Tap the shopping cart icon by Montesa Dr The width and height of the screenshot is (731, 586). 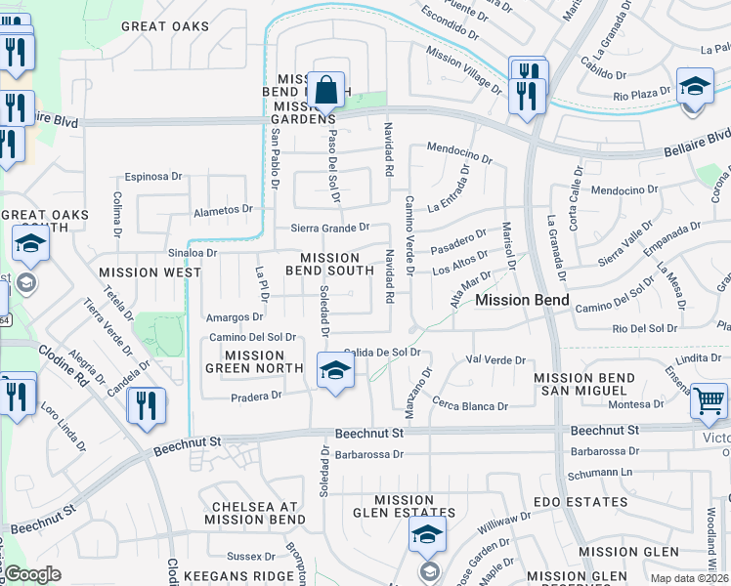pos(709,400)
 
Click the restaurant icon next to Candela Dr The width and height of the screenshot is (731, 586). pos(147,407)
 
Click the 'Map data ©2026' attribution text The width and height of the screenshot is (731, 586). pos(690,578)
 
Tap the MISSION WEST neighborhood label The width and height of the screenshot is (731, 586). pos(150,272)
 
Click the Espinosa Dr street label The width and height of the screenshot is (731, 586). pos(153,178)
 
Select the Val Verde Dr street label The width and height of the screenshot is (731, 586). pos(497,360)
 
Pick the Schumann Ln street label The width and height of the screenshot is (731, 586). pos(601,471)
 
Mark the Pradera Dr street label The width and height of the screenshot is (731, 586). pos(256,396)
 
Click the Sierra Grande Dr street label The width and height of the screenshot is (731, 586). pos(330,228)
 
